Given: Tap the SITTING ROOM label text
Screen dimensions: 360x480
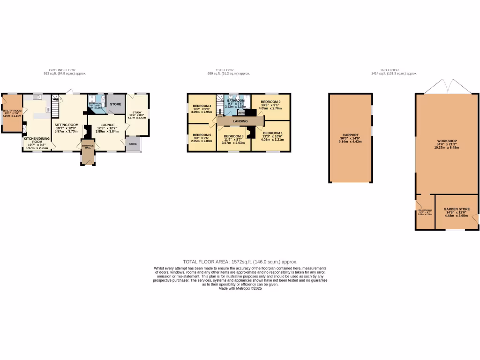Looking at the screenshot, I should pyautogui.click(x=67, y=125).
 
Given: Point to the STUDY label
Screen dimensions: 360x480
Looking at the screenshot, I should pyautogui.click(x=137, y=112).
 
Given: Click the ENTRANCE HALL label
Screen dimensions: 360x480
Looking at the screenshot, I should pyautogui.click(x=88, y=147).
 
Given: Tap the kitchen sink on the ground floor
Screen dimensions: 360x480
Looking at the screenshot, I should pyautogui.click(x=37, y=97).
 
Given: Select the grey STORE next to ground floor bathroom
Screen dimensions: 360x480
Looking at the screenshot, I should pyautogui.click(x=116, y=104).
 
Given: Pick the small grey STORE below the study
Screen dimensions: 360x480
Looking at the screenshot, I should pyautogui.click(x=133, y=144).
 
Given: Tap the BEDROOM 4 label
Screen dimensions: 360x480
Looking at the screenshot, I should pyautogui.click(x=202, y=106).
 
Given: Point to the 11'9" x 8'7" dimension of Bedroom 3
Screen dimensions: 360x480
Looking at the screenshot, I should pyautogui.click(x=233, y=139).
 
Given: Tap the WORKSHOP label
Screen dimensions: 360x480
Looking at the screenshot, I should pyautogui.click(x=446, y=141).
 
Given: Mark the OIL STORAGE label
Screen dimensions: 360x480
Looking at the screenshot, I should pyautogui.click(x=425, y=210).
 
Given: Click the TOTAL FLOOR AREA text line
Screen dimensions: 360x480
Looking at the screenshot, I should pyautogui.click(x=240, y=262).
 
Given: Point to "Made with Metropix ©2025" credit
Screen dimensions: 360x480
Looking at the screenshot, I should pyautogui.click(x=240, y=289).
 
